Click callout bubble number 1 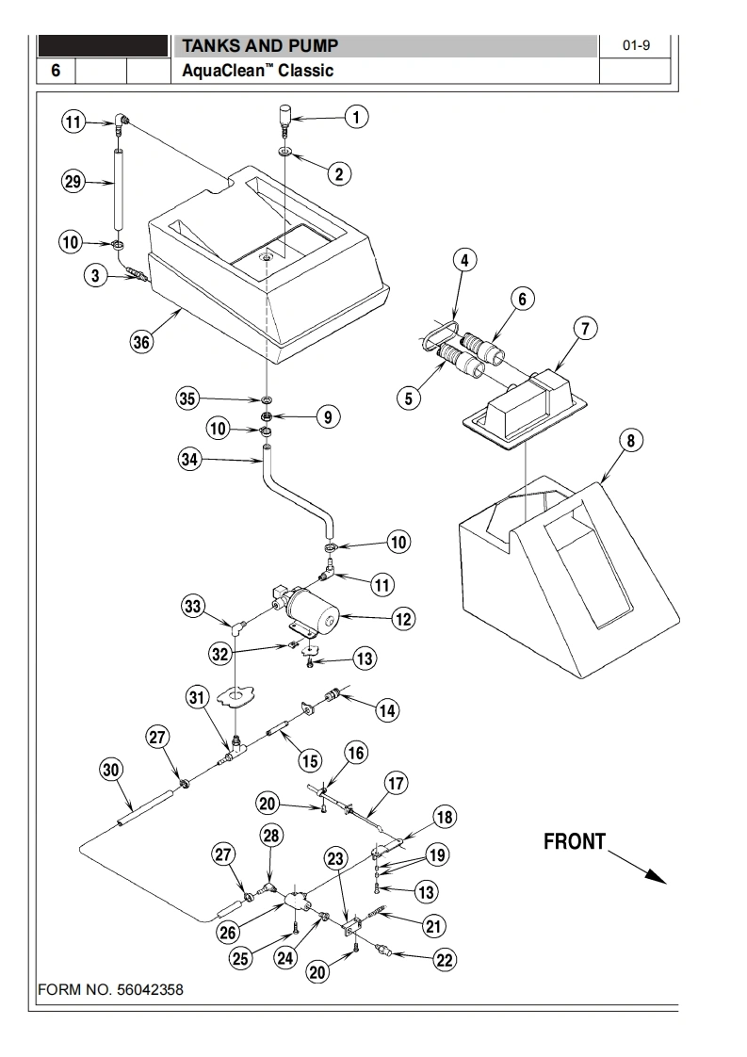[x=355, y=117]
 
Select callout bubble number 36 [x=140, y=342]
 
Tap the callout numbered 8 [x=630, y=441]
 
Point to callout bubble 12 [x=403, y=619]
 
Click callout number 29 [x=73, y=183]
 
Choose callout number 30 [x=111, y=770]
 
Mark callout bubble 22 [x=444, y=960]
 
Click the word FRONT [x=575, y=842]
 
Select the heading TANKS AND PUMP [x=259, y=46]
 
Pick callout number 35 [x=188, y=398]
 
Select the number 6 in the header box [x=56, y=71]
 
